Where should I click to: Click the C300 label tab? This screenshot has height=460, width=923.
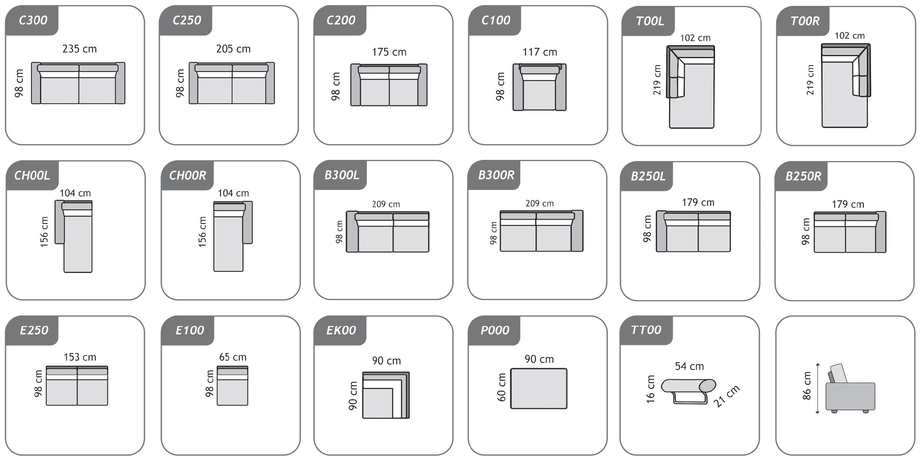click(x=32, y=20)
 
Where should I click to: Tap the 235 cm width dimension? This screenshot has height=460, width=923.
click(x=79, y=49)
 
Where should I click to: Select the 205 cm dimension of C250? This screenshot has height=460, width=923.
click(x=233, y=49)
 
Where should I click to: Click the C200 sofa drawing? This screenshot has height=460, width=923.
click(x=389, y=85)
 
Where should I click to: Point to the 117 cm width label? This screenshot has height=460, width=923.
click(x=540, y=52)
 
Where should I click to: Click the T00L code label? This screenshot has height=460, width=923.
click(x=650, y=21)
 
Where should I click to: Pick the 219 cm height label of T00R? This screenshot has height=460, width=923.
click(x=810, y=80)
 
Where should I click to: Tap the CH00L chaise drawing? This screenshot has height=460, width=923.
click(x=74, y=236)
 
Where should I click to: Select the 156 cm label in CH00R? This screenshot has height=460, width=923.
click(x=202, y=232)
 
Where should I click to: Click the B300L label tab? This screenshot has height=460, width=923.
click(x=341, y=175)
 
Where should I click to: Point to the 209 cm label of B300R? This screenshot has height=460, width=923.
click(x=540, y=203)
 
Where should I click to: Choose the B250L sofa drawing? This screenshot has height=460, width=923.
click(x=693, y=231)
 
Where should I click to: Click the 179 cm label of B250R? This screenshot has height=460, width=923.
click(x=848, y=204)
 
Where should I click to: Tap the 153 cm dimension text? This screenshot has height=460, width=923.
click(x=80, y=357)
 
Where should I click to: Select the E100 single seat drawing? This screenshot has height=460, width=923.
click(x=232, y=385)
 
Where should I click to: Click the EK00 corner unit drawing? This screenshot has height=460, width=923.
click(x=386, y=395)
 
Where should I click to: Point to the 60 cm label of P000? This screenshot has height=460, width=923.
click(x=502, y=387)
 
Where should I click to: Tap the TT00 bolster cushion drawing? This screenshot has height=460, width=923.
click(x=688, y=391)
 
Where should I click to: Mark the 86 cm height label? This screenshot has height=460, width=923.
click(x=806, y=386)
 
